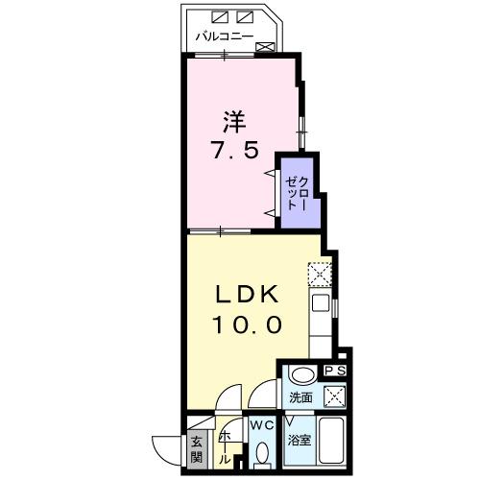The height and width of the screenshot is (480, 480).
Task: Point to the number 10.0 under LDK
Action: (247, 324)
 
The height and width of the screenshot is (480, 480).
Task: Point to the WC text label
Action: (262, 424)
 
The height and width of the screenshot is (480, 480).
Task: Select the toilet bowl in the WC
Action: (262, 453)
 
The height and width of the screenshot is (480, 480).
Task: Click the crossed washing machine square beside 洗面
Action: (333, 395)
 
